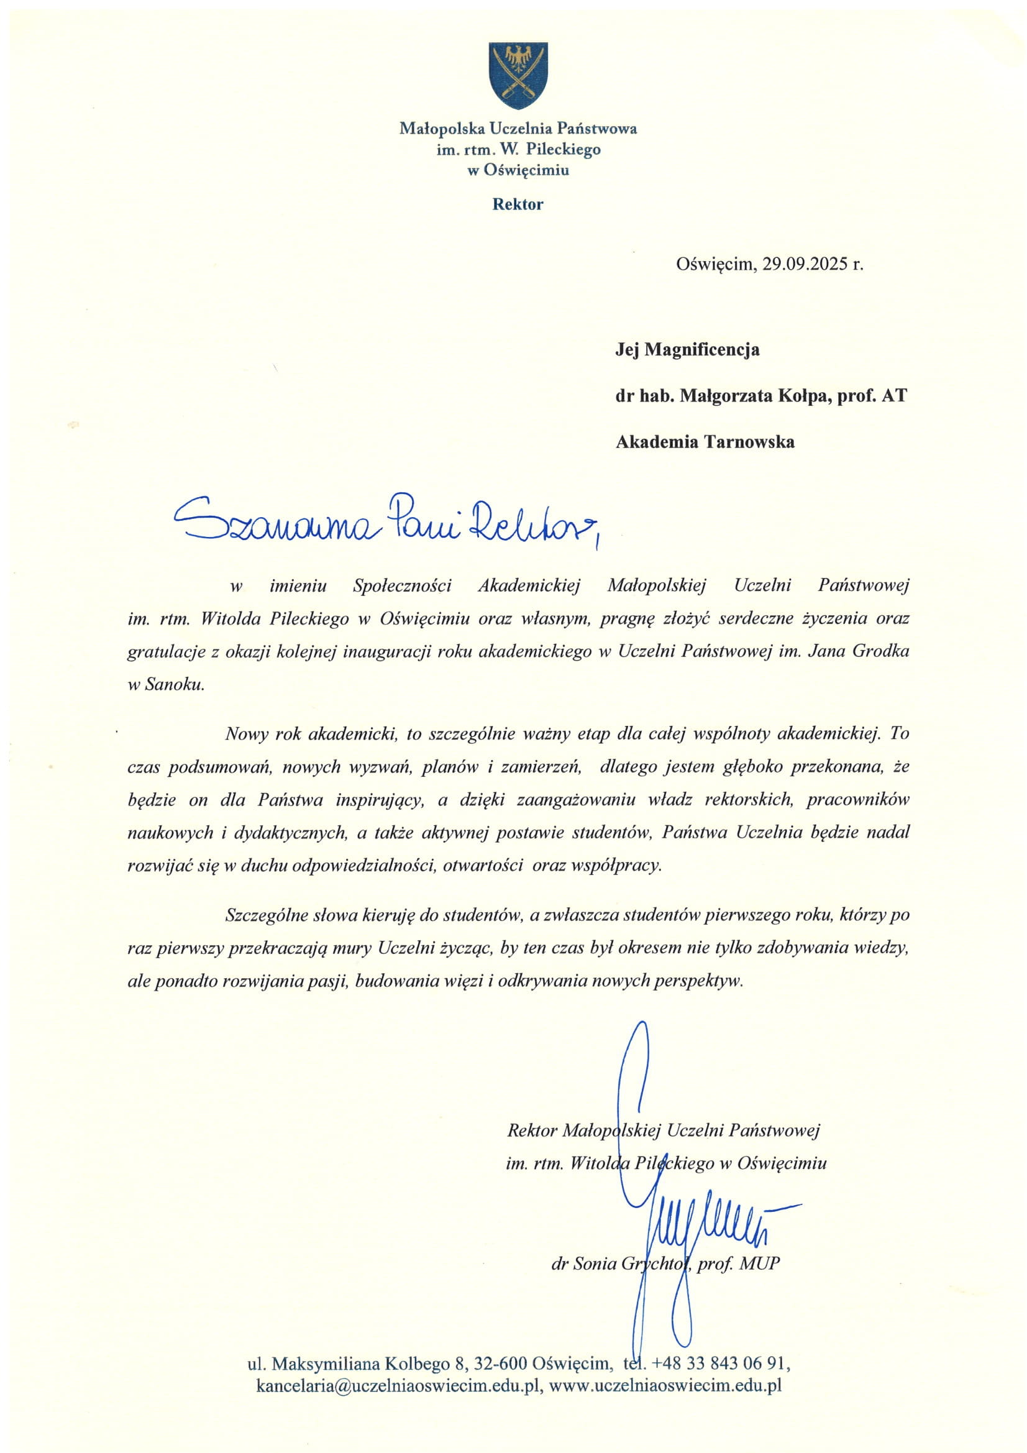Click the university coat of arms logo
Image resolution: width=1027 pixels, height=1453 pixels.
tap(518, 75)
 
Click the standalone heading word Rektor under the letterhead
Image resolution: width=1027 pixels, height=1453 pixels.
tap(518, 204)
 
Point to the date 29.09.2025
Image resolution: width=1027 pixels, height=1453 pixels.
tap(804, 264)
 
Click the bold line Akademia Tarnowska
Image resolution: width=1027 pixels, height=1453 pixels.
tap(705, 442)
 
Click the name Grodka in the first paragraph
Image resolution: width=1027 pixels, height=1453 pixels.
tap(881, 652)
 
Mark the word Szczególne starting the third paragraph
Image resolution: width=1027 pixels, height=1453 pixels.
tap(267, 915)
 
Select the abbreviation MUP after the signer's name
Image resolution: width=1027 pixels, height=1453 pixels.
tap(759, 1264)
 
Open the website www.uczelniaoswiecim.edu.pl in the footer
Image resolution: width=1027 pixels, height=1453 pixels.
tap(665, 1385)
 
